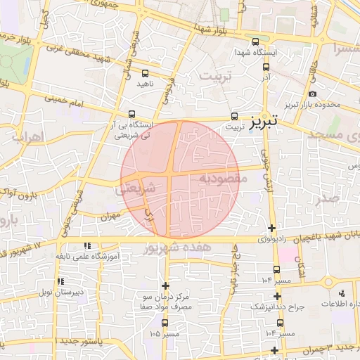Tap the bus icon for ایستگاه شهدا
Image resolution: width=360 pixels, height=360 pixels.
(x=255, y=41)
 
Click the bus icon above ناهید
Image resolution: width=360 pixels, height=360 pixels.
(x=146, y=72)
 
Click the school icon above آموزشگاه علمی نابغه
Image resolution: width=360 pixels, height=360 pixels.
(x=86, y=246)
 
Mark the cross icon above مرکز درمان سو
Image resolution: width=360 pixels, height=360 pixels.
(x=165, y=285)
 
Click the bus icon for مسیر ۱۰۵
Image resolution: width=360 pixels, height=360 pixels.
(x=165, y=323)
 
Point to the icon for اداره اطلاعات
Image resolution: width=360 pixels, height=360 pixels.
(x=341, y=293)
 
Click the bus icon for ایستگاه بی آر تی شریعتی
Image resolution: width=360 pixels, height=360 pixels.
(x=131, y=113)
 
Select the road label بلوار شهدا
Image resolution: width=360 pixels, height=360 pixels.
(x=212, y=30)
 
